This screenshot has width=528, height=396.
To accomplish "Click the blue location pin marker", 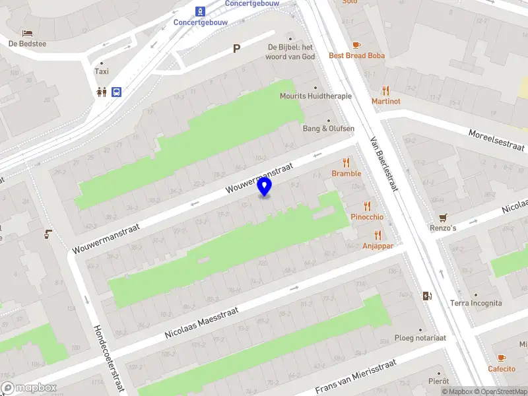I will click(x=265, y=187).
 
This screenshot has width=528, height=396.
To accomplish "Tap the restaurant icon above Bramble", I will click(x=346, y=162).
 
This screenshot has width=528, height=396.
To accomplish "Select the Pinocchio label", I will click(x=367, y=216).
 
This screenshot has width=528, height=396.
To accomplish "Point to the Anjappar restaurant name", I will click(x=378, y=246).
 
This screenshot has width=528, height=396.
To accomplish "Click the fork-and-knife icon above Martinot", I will click(x=385, y=90).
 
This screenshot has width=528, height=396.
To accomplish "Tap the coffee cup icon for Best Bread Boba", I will click(x=356, y=45).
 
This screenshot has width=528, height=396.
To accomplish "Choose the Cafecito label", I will click(x=502, y=368).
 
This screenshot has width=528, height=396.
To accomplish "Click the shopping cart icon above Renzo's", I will click(x=443, y=217).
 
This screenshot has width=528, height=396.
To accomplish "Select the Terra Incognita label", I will click(x=476, y=303).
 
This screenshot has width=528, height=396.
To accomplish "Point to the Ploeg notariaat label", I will click(x=420, y=337).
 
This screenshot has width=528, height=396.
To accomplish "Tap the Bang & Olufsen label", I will click(x=329, y=128).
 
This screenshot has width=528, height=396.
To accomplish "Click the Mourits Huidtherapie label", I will click(x=315, y=96).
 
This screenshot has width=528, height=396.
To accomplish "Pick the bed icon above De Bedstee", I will click(x=27, y=33).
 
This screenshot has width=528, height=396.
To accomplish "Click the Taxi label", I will click(x=102, y=71).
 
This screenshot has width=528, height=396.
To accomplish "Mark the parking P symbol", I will click(x=236, y=48).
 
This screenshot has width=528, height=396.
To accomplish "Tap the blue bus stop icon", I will click(x=116, y=92).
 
